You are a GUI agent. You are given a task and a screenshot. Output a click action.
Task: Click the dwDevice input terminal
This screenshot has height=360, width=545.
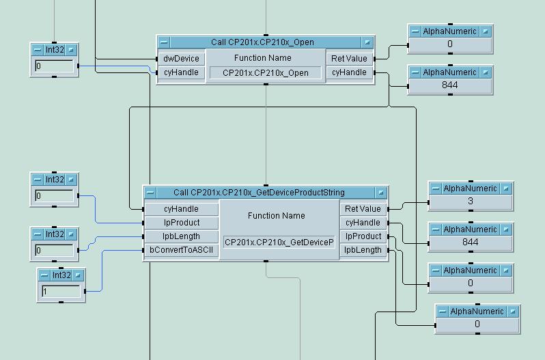[181, 59]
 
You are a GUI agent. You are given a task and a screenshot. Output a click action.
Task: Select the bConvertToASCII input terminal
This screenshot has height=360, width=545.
[181, 250]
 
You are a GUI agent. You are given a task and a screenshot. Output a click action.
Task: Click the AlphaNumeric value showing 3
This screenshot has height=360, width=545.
[470, 202]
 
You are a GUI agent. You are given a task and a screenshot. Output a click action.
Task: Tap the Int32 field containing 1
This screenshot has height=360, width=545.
[61, 291]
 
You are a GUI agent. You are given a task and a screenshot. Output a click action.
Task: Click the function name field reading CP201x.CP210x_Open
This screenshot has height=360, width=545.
[266, 73]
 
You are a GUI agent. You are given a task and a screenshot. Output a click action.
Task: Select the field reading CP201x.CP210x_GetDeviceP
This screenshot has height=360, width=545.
[279, 242]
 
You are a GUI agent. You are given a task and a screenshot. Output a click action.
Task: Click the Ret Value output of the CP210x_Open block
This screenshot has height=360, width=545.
[349, 59]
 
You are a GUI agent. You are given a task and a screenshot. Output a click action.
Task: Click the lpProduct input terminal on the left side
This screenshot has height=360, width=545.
[181, 223]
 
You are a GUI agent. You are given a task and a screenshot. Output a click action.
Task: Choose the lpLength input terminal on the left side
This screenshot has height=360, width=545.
[181, 236]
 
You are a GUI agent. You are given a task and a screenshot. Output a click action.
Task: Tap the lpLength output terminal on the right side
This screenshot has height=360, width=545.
[363, 250]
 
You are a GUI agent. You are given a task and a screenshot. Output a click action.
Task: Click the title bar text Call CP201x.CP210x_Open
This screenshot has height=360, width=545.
[262, 42]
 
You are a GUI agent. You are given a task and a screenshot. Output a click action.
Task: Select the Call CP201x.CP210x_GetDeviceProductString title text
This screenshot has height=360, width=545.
[259, 193]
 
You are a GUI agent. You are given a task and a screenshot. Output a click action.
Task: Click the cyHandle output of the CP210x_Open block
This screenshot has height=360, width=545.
[349, 72]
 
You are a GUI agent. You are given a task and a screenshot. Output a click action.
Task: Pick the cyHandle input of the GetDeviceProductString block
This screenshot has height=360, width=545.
[181, 209]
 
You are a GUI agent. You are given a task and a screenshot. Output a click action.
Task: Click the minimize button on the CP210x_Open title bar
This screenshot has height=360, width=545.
[164, 42]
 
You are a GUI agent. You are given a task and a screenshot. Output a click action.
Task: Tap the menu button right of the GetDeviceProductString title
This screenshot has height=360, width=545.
[381, 193]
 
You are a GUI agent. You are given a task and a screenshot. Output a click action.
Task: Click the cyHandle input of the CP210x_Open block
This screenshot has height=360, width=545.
[181, 72]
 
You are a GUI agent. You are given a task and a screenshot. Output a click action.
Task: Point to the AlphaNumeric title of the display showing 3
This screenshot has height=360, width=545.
[470, 188]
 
